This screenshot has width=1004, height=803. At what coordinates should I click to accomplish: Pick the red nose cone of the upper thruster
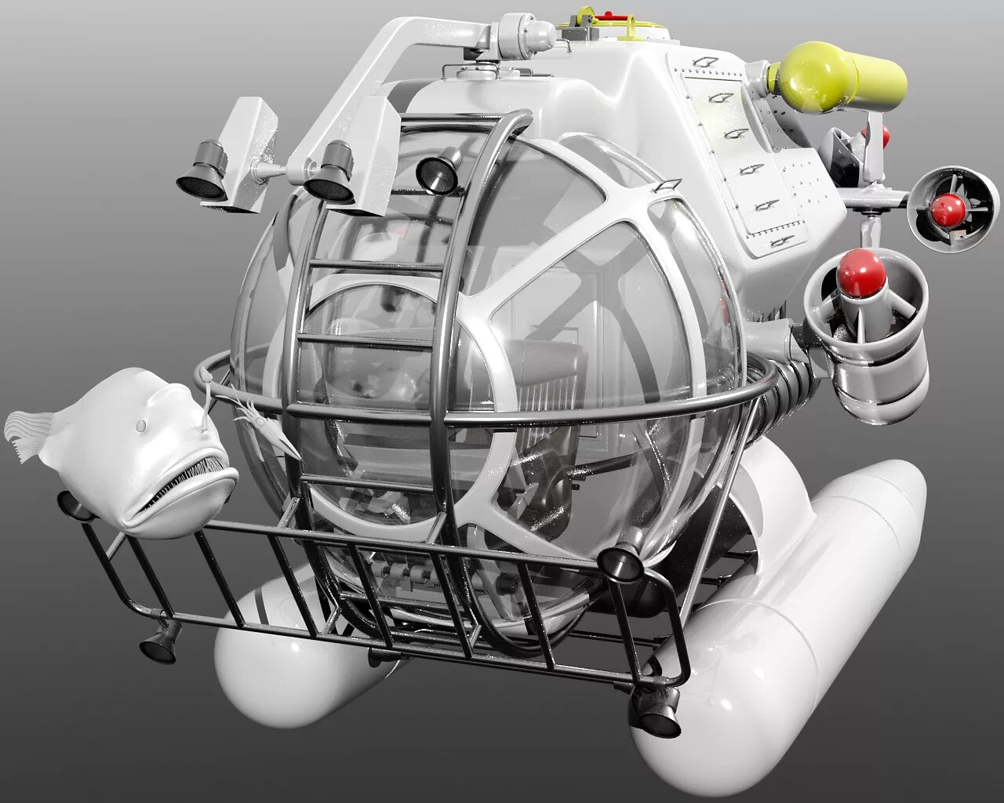coord(948,209)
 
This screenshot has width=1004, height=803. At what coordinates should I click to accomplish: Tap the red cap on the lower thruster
coord(860,272)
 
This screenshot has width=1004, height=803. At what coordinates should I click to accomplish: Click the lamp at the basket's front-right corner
coord(620,561)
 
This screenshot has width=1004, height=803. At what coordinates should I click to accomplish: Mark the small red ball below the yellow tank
coord(879,136)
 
